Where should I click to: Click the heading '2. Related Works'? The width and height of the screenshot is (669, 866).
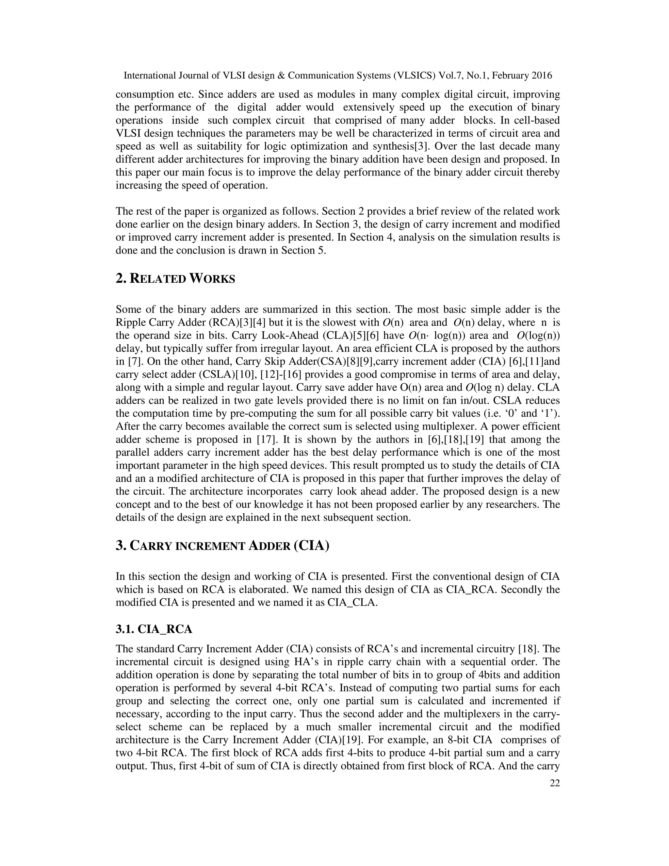pos(175,279)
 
